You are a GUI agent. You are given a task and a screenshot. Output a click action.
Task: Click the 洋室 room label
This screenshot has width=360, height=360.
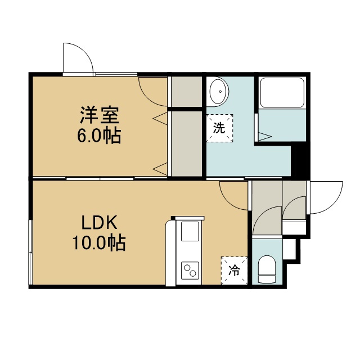tap(100, 115)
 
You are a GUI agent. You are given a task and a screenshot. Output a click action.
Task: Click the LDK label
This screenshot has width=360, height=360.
tap(100, 222)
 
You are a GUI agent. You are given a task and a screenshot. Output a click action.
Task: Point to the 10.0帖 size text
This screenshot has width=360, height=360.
tap(99, 242)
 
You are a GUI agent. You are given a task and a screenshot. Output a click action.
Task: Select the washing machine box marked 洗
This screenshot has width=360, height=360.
tap(220, 128)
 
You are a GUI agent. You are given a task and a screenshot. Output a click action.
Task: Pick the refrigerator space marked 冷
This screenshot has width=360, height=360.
tap(234, 271)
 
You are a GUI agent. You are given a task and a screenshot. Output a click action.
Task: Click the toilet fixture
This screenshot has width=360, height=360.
tap(267, 269)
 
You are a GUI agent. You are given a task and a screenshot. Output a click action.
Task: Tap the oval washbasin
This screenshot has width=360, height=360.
tap(219, 92)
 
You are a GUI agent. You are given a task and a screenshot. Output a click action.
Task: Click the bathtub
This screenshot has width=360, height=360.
tap(282, 92)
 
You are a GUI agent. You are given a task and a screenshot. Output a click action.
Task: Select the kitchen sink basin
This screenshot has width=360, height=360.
tap(190, 231)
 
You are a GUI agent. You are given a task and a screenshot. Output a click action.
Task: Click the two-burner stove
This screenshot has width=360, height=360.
tap(190, 271)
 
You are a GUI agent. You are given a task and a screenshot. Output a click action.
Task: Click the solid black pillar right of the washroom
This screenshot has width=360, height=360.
tap(300, 161)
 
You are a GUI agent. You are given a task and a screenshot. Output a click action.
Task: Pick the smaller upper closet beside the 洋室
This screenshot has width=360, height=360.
tap(187, 92)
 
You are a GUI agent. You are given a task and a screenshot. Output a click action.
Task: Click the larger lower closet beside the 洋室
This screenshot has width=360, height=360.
tap(187, 144)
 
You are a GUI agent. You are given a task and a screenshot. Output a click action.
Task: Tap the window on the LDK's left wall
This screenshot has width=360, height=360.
tap(30, 253)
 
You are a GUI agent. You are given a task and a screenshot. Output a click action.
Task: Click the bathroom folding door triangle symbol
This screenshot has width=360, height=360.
tap(265, 137)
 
